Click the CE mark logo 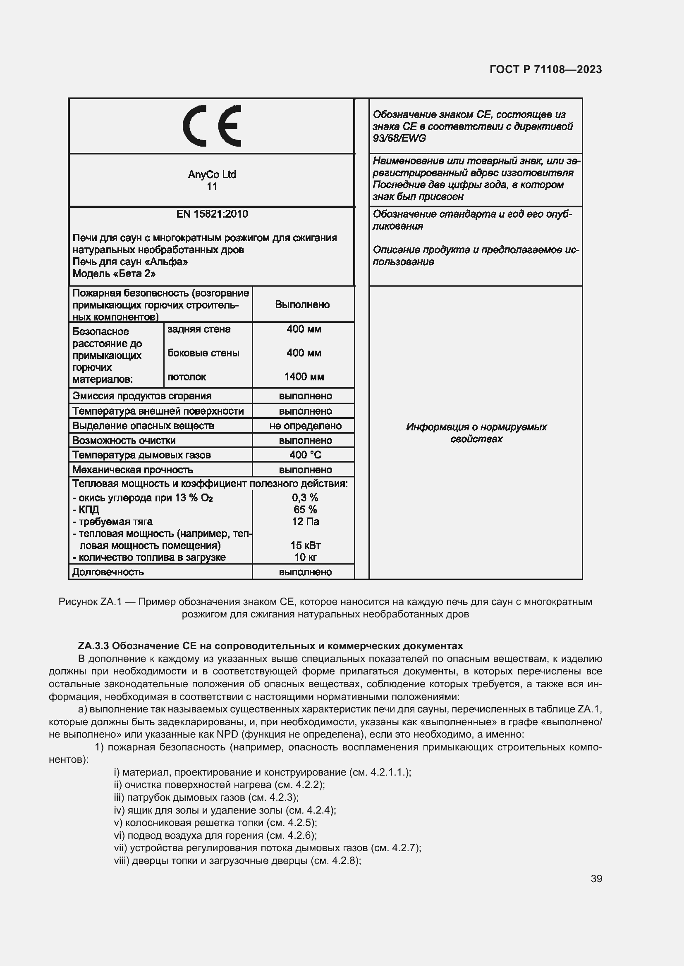[212, 126]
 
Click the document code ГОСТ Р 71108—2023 [545, 69]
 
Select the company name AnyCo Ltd [211, 174]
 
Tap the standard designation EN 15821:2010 [212, 214]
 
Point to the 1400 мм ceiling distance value [304, 377]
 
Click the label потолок [187, 377]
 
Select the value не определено [305, 426]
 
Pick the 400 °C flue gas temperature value [305, 455]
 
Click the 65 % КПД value [305, 510]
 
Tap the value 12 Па [305, 521]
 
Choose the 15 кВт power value [305, 545]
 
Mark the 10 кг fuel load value [305, 557]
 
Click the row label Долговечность [108, 572]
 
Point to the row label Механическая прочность [132, 470]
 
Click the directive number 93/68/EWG [399, 138]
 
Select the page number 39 [596, 878]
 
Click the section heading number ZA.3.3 [93, 646]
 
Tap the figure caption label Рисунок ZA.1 [90, 602]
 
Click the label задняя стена [199, 329]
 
